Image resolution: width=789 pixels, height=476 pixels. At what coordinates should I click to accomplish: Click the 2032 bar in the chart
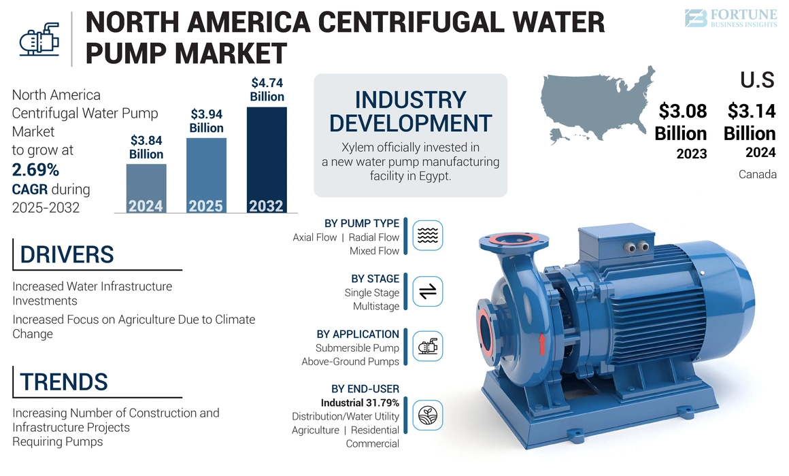tap(266, 160)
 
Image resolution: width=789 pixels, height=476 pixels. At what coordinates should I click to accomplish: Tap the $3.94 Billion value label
tap(206, 121)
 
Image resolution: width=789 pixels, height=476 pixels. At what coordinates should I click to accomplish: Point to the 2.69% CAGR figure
tap(35, 169)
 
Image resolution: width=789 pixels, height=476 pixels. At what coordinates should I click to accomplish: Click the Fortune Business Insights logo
tap(731, 18)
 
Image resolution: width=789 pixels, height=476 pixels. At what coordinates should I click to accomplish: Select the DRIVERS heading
tap(67, 254)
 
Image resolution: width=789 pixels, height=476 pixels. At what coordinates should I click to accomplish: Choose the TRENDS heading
tap(64, 381)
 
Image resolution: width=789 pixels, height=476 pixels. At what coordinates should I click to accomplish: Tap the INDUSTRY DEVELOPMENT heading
tap(410, 112)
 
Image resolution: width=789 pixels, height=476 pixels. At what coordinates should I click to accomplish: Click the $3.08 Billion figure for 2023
tap(680, 122)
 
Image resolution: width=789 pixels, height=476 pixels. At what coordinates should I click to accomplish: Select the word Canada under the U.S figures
tap(757, 175)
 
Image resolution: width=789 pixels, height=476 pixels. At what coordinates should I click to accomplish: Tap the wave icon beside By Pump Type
tap(427, 235)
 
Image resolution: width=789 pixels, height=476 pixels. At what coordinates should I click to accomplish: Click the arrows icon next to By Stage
tap(427, 292)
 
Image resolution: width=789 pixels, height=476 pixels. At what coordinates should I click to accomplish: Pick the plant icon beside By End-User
tap(427, 414)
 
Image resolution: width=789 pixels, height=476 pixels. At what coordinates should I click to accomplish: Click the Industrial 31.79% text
tap(360, 403)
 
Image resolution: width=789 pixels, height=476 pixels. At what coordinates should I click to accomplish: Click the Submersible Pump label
tap(357, 348)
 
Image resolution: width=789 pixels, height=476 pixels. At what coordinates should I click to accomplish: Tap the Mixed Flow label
tap(374, 251)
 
